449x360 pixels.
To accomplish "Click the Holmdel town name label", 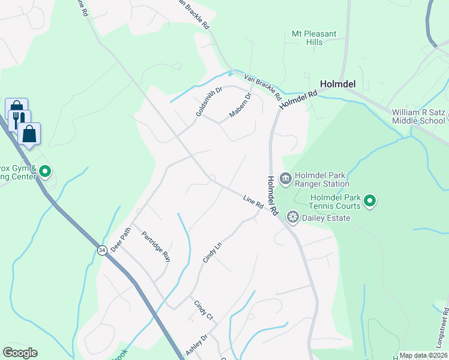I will (x=339, y=85).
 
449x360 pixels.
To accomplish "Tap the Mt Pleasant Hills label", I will (x=314, y=38).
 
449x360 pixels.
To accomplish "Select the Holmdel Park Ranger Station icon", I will (x=286, y=178).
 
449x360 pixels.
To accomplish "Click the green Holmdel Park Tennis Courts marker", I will (x=370, y=201).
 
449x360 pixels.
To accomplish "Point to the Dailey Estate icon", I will (x=293, y=217).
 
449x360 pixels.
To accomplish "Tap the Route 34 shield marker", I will (x=103, y=250).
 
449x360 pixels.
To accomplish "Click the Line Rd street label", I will (x=253, y=202).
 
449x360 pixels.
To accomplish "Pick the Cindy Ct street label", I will (x=203, y=309).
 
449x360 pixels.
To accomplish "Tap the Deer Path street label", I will (x=120, y=239).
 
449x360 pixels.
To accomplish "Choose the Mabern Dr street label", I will (x=240, y=105).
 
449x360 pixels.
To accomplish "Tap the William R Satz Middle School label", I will (x=419, y=116).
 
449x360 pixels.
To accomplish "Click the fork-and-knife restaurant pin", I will (x=19, y=119).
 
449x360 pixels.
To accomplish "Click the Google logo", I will (x=20, y=353).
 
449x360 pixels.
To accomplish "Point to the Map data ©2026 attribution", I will (x=423, y=355).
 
